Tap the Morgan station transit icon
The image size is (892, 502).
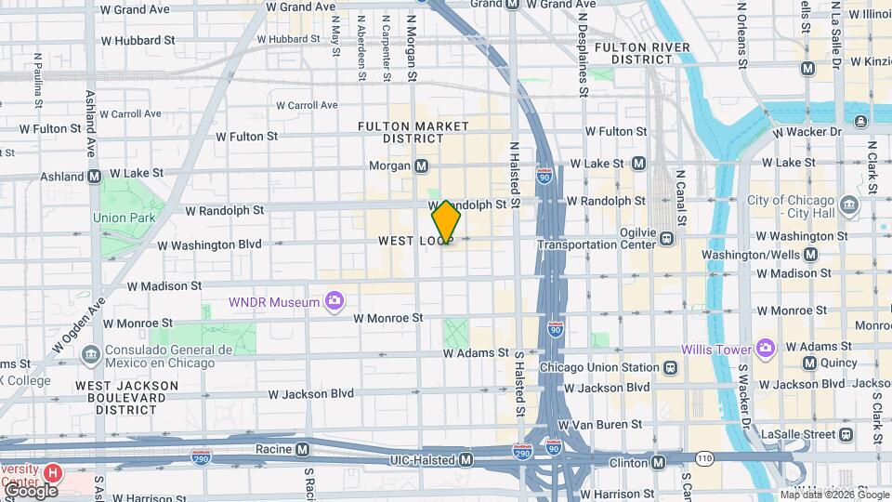pos(422,165)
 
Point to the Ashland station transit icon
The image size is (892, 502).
pos(94,176)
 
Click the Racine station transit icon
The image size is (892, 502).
pos(302,449)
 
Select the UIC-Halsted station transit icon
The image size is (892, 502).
pos(466,460)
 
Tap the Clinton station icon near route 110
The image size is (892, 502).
pos(658,462)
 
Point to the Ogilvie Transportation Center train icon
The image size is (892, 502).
pos(667,239)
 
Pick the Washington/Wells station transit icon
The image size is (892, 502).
pos(811,254)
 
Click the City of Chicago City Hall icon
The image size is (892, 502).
pos(848,205)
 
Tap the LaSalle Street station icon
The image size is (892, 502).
pos(845,434)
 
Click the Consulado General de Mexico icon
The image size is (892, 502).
pos(90,354)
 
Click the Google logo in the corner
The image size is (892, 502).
pos(30,490)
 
